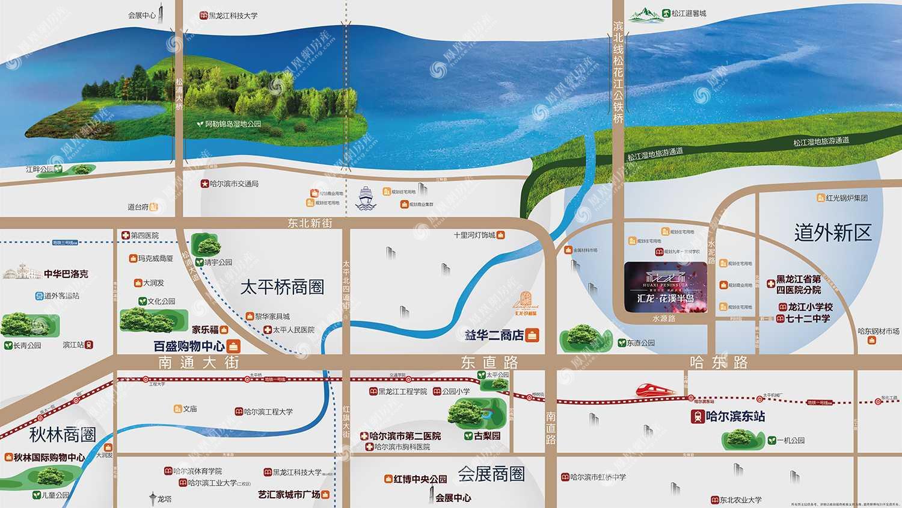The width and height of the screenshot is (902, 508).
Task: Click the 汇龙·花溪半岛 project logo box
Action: pyautogui.click(x=665, y=287)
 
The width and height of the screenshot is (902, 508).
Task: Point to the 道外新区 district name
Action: pyautogui.click(x=832, y=233)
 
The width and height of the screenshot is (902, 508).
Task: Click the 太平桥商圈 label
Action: pyautogui.click(x=282, y=287)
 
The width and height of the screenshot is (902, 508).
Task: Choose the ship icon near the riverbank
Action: pyautogui.click(x=366, y=197)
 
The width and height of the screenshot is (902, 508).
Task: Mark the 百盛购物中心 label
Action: pyautogui.click(x=189, y=346)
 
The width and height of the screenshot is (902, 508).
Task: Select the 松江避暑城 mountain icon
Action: pyautogui.click(x=644, y=14)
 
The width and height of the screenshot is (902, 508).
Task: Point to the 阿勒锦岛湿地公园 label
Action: pyautogui.click(x=233, y=124)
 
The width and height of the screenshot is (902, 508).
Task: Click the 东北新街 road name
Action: pyautogui.click(x=310, y=223)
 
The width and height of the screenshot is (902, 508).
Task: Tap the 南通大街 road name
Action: pyautogui.click(x=199, y=362)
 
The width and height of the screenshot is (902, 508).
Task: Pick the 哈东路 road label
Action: pyautogui.click(x=719, y=362)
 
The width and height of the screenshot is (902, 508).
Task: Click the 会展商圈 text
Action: pyautogui.click(x=491, y=474)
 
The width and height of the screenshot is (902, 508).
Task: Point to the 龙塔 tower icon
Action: pyautogui.click(x=153, y=498)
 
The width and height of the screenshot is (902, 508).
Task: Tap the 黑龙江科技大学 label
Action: pyautogui.click(x=233, y=16)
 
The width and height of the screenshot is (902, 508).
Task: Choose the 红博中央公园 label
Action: pyautogui.click(x=420, y=479)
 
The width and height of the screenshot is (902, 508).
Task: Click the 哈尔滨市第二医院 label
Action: pyautogui.click(x=405, y=436)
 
